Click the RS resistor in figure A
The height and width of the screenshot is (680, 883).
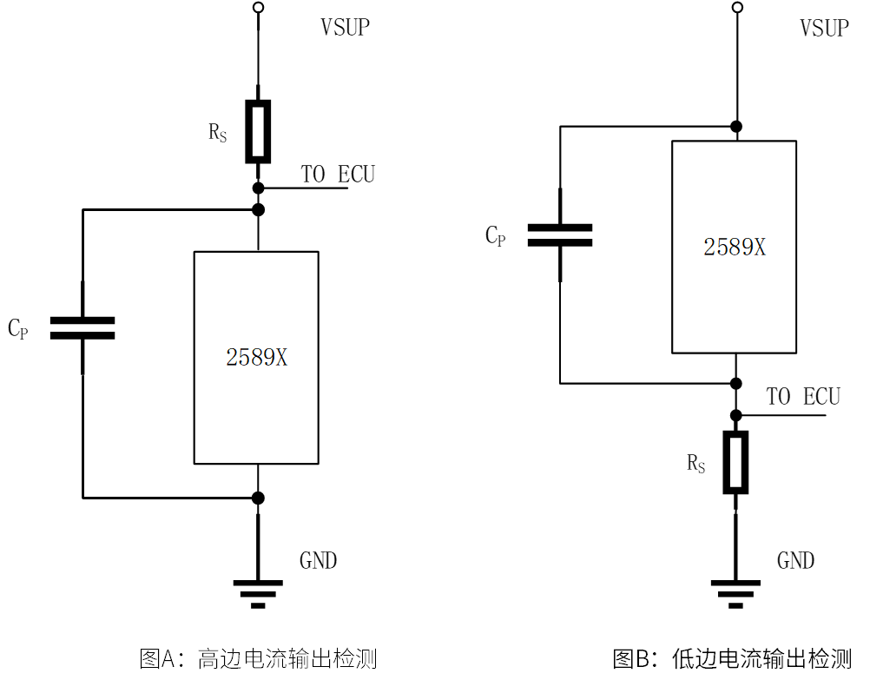click(x=258, y=132)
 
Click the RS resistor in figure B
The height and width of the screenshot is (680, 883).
click(x=735, y=463)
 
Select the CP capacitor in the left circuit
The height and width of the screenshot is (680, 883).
click(x=82, y=327)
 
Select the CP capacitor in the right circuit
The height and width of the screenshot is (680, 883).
click(x=560, y=234)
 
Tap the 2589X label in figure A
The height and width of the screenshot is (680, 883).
click(x=256, y=358)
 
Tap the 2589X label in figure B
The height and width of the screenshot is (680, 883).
click(x=735, y=248)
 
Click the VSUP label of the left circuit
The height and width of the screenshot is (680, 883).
click(x=345, y=28)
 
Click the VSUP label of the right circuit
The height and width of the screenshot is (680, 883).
click(x=823, y=28)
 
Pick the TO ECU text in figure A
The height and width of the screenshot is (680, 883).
click(x=338, y=175)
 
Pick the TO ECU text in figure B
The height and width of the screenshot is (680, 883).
click(x=803, y=397)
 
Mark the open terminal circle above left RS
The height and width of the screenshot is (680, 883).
click(x=258, y=8)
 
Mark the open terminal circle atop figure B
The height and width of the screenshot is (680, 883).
click(x=736, y=8)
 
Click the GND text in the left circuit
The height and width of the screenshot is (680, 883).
click(x=318, y=561)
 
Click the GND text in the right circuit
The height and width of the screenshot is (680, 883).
click(x=795, y=561)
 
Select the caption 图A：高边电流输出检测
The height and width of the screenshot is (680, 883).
click(x=258, y=658)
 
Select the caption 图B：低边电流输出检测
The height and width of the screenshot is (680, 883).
click(x=732, y=658)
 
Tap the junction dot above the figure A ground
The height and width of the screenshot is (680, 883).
click(x=258, y=498)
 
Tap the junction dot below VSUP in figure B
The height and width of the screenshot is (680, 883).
click(x=736, y=127)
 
